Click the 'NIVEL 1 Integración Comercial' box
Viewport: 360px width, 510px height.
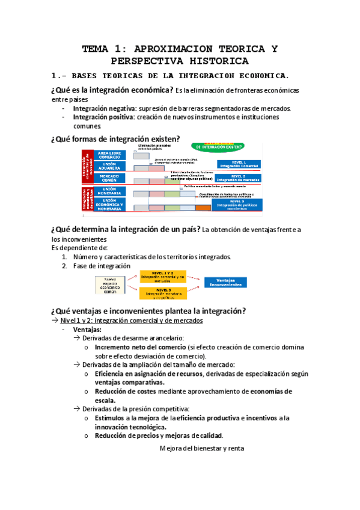237,163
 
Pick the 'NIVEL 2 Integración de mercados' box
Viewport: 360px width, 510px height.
237,177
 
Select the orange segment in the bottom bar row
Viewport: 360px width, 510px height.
203,207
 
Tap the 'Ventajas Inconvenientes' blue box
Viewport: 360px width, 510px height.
226,281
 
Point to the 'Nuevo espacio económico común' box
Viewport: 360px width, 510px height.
110,284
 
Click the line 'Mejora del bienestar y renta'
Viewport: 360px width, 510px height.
201,447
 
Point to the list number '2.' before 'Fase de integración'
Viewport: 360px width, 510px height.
64,265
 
